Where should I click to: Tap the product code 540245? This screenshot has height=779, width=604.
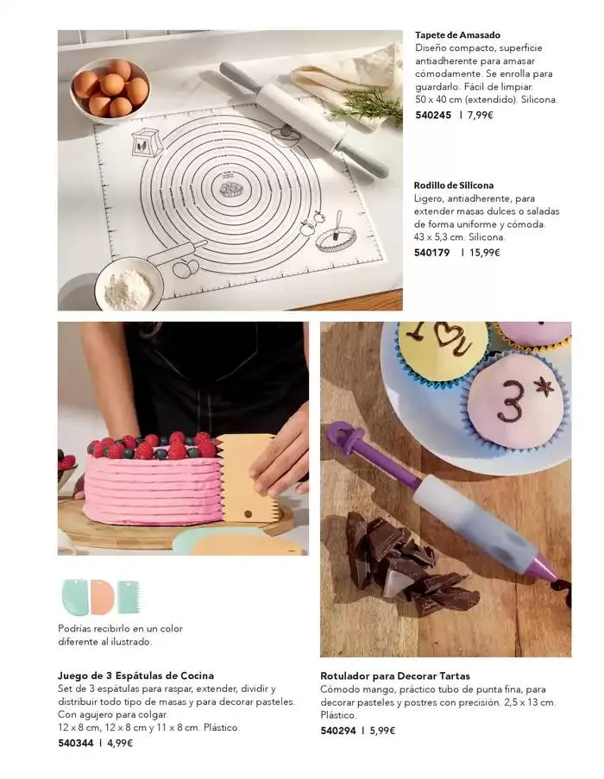tap(433, 116)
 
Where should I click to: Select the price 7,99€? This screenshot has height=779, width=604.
tap(481, 116)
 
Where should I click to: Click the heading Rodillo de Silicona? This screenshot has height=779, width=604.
tap(454, 185)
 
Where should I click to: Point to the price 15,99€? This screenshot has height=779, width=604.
tap(484, 253)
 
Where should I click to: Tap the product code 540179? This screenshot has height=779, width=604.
tap(431, 253)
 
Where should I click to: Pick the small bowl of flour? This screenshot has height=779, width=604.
tap(129, 284)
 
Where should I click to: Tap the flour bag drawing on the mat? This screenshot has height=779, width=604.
tap(148, 142)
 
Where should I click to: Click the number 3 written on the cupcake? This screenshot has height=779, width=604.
tap(511, 402)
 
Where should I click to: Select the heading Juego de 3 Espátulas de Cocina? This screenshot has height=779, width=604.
tap(136, 675)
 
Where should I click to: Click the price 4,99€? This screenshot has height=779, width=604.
tap(120, 744)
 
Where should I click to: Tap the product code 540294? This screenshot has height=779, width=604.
tap(338, 731)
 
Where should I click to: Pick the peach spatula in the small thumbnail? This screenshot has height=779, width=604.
tap(102, 596)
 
